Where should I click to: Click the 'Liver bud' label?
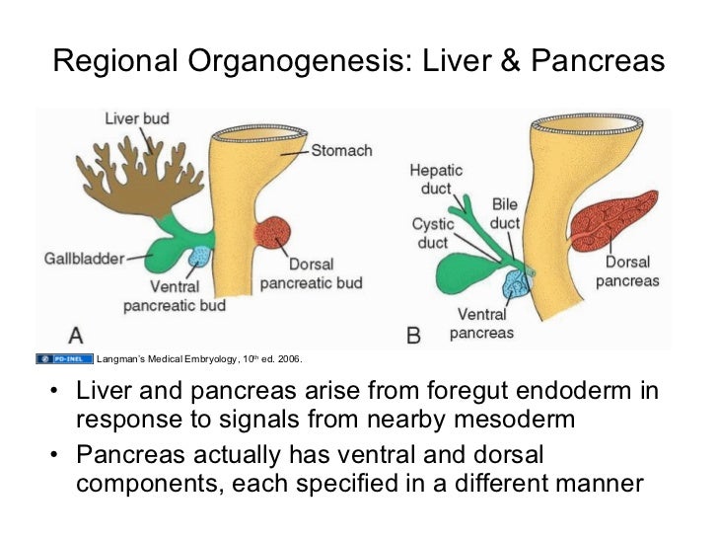[x=137, y=118]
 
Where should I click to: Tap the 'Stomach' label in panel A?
[x=341, y=151]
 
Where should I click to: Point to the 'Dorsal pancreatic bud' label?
[x=311, y=273]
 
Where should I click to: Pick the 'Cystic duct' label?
[x=433, y=233]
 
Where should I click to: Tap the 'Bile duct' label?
[x=506, y=213]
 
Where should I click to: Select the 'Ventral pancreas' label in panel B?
[x=481, y=324]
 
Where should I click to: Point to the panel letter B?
[x=414, y=335]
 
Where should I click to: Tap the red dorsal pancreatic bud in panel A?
[x=271, y=234]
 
